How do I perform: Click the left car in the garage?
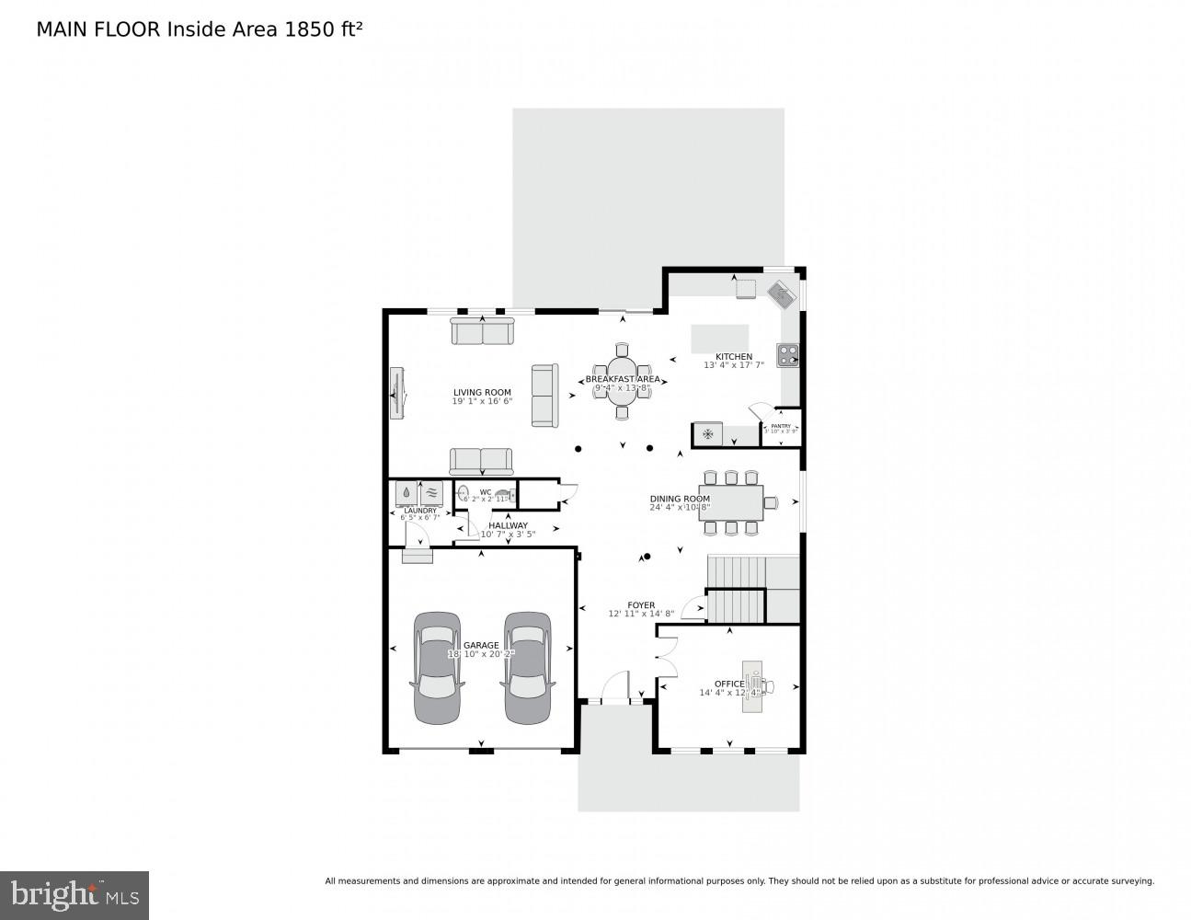[x=437, y=667]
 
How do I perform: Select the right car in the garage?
[x=525, y=667]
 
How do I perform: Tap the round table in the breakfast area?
[x=622, y=382]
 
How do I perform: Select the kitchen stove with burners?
[x=788, y=355]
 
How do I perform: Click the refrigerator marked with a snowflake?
[x=707, y=434]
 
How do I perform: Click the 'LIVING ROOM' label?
[x=482, y=392]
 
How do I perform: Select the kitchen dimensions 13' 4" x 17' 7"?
[x=734, y=365]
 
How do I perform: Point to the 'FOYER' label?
[x=641, y=605]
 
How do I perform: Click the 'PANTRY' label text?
[x=781, y=426]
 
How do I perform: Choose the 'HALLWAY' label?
[x=508, y=525]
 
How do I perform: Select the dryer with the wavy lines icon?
[x=431, y=493]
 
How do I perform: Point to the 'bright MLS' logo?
[x=74, y=894]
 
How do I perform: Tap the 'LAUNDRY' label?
[x=419, y=510]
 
